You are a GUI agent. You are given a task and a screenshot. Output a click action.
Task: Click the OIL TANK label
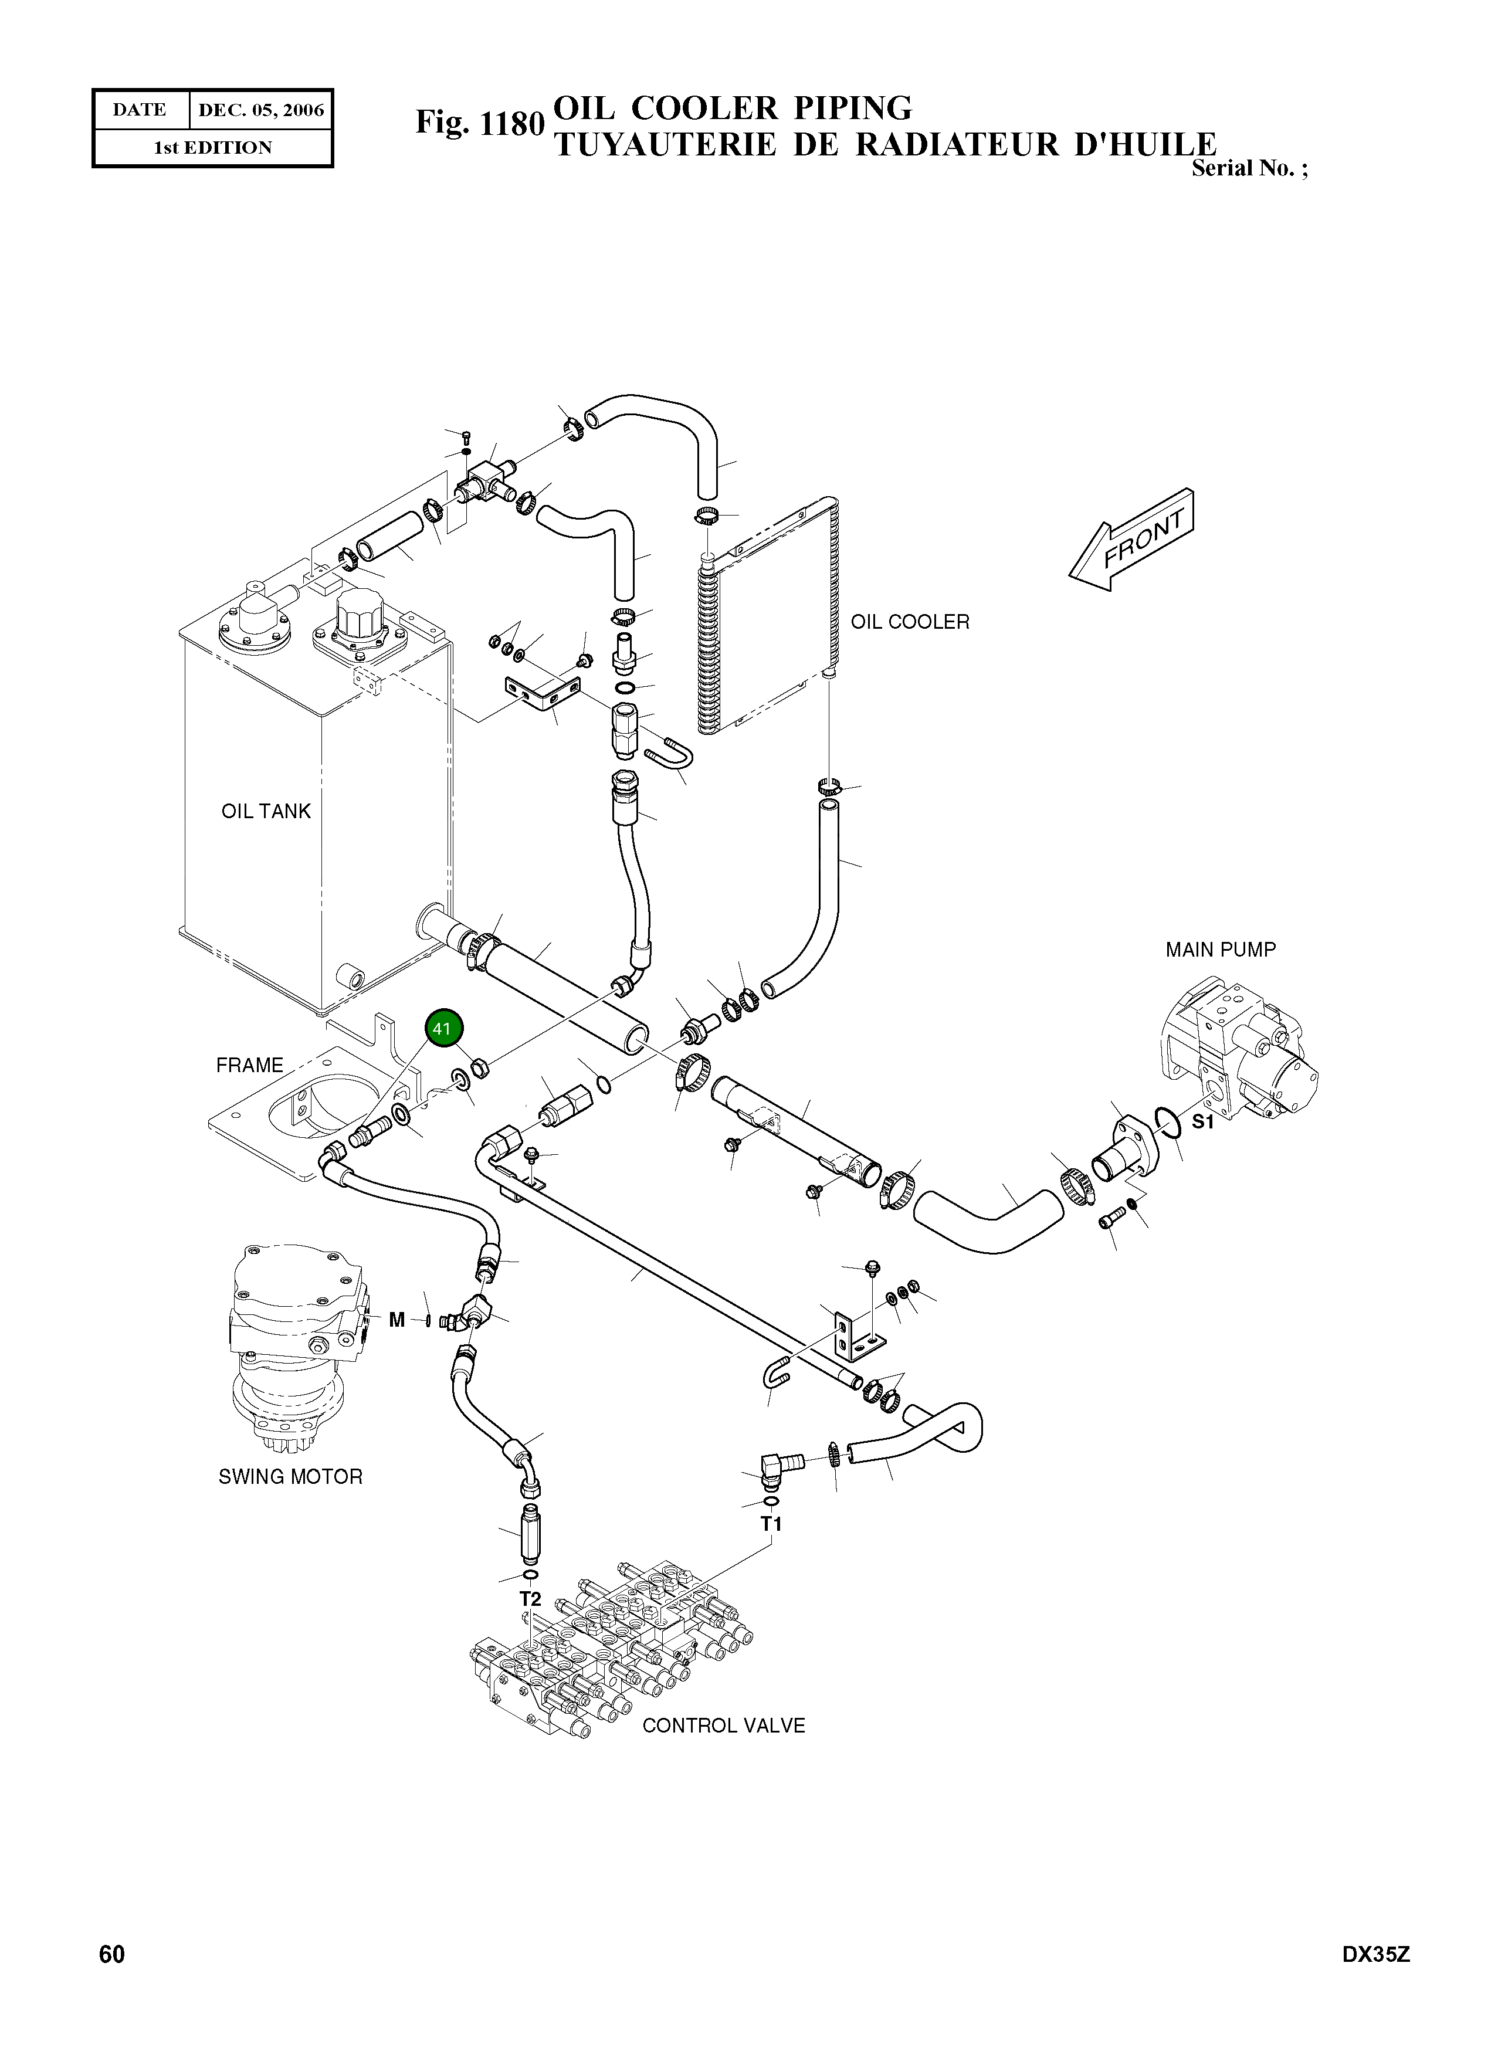pyautogui.click(x=266, y=811)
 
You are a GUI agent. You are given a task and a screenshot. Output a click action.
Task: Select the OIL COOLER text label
pyautogui.click(x=910, y=622)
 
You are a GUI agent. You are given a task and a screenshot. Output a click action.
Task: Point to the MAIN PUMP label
pyautogui.click(x=1219, y=950)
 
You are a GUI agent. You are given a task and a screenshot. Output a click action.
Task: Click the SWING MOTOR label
pyautogui.click(x=290, y=1477)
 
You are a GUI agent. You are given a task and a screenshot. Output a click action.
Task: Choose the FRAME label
pyautogui.click(x=249, y=1066)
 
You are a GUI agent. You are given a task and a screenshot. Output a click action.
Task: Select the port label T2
pyautogui.click(x=530, y=1599)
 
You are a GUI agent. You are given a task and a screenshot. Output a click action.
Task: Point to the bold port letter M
pyautogui.click(x=396, y=1320)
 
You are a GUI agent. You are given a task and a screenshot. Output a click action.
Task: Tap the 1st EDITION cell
pyautogui.click(x=213, y=148)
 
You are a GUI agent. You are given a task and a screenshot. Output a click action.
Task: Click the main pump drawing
pyautogui.click(x=1238, y=1052)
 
